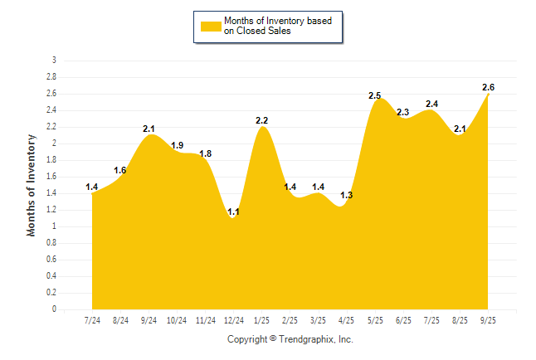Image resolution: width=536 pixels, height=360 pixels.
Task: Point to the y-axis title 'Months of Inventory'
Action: [32, 185]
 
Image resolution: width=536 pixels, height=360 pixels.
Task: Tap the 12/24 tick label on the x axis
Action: [233, 319]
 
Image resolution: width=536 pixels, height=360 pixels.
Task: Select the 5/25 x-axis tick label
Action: [376, 319]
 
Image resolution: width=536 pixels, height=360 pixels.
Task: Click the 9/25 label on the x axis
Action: [489, 319]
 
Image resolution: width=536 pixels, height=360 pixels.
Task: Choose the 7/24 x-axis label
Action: [92, 319]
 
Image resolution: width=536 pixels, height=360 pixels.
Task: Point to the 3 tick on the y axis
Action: [54, 61]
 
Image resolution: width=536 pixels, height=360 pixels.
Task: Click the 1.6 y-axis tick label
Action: [51, 177]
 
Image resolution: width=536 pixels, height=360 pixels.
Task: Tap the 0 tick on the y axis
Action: [54, 309]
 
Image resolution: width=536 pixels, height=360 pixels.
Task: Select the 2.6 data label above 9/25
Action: [488, 87]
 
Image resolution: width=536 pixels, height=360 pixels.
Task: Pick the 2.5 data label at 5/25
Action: [375, 95]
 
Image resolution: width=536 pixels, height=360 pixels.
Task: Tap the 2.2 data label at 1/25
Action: [261, 120]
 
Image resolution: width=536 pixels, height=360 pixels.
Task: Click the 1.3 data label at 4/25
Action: [347, 195]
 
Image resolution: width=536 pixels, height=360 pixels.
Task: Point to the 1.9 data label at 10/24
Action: [177, 145]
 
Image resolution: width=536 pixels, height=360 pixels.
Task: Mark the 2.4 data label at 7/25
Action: [431, 104]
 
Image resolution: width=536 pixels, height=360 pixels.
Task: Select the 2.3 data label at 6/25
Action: [403, 112]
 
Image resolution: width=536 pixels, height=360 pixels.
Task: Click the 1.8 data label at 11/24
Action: [205, 153]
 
